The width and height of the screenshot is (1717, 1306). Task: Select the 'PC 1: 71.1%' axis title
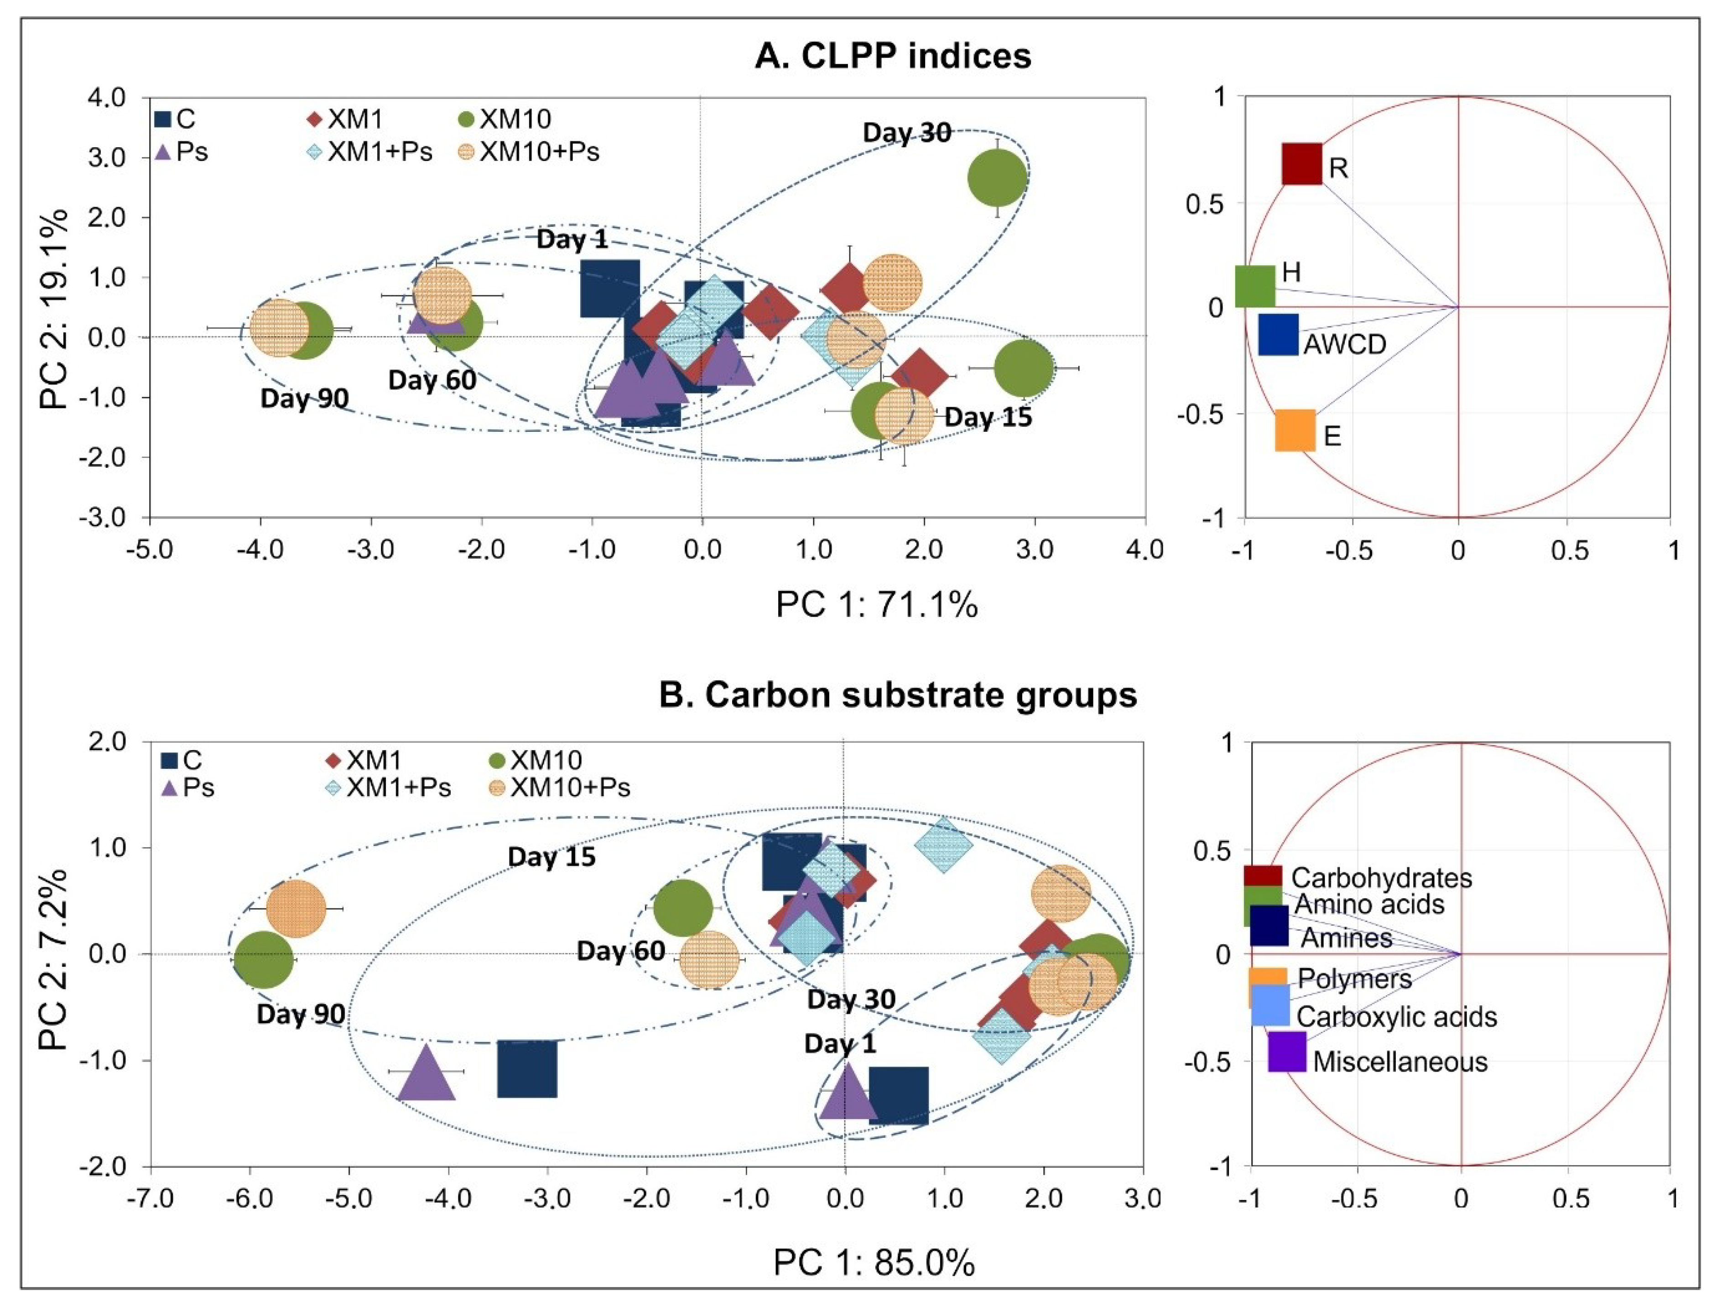pos(876,604)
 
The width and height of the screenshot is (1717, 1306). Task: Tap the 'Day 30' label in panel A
pos(907,133)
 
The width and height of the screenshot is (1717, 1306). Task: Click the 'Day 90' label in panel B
pos(301,1015)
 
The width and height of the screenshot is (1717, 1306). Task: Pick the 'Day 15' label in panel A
pos(989,417)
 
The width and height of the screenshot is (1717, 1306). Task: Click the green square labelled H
pos(1255,286)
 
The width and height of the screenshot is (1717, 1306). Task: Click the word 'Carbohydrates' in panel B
pos(1382,878)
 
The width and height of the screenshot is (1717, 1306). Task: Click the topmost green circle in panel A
pos(998,178)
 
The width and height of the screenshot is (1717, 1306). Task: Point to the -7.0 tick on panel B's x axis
pos(150,1198)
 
